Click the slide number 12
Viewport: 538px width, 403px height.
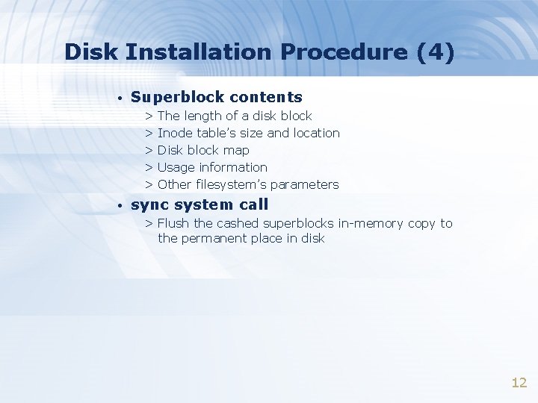pos(519,383)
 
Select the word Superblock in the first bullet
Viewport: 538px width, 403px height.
pos(177,97)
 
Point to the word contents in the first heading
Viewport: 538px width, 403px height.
pos(266,97)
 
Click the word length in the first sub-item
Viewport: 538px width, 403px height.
pos(202,116)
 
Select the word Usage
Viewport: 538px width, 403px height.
pos(176,167)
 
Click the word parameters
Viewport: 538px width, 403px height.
pos(304,184)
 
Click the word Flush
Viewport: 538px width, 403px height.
pos(173,223)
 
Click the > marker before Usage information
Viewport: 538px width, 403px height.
pos(149,167)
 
